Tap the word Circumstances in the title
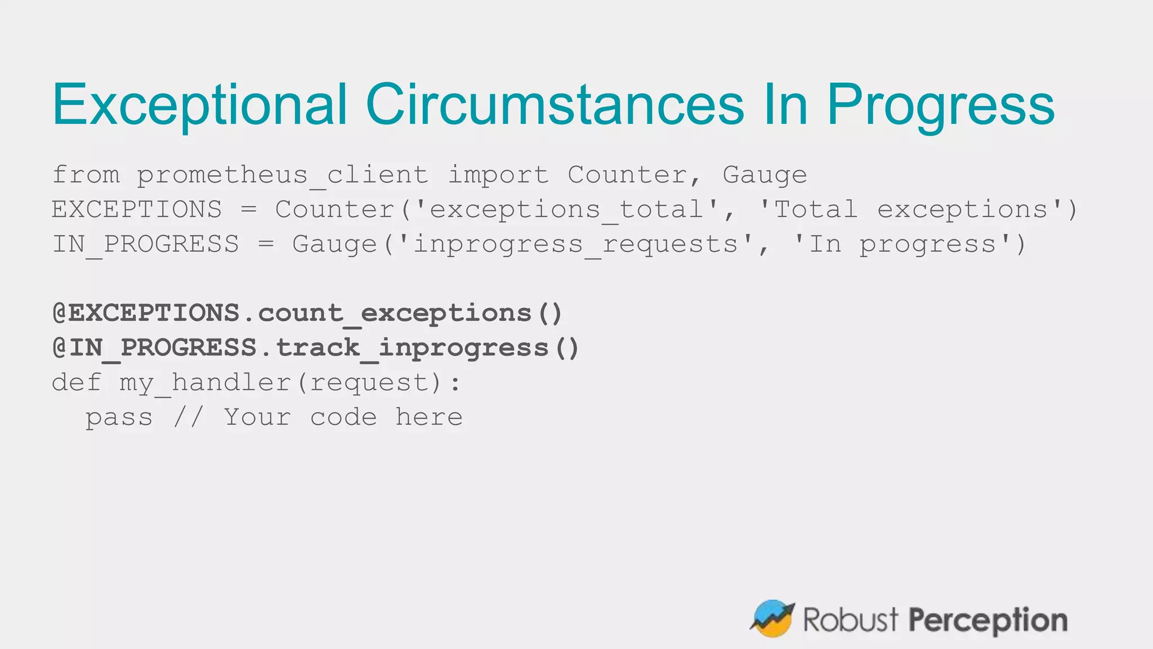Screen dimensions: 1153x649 click(x=555, y=105)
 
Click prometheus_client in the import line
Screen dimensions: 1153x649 click(x=283, y=175)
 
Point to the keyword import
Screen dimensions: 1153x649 click(x=498, y=175)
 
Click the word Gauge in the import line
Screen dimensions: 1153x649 click(x=765, y=175)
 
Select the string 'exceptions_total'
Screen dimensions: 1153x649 click(x=567, y=210)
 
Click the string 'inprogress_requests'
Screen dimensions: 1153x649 click(x=575, y=245)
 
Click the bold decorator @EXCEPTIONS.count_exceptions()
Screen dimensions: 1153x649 click(x=307, y=313)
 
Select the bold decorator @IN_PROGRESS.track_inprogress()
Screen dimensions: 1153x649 click(x=316, y=348)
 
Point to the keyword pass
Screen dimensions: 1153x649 click(x=119, y=417)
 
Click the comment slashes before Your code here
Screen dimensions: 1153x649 click(x=187, y=417)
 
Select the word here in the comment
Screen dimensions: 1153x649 click(x=429, y=417)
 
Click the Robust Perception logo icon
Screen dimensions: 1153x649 click(x=772, y=619)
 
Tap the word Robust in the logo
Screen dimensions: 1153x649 click(x=850, y=620)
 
